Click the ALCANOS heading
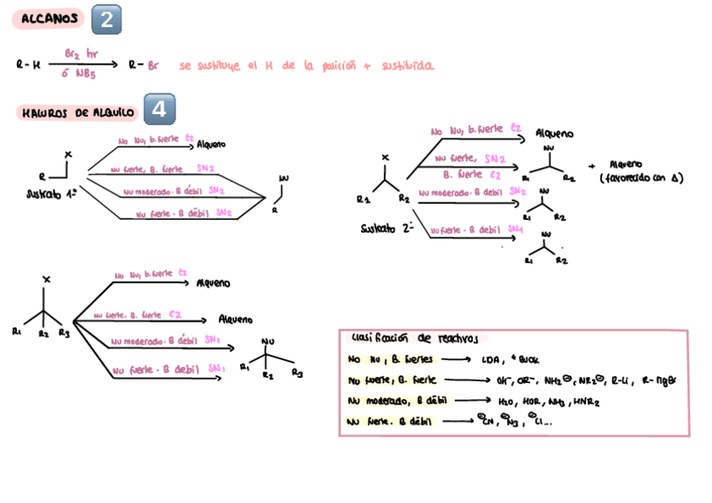50,18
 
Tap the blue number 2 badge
106,19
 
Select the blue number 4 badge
160,109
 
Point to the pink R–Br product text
144,65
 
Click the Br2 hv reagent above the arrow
81,52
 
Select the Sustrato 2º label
387,228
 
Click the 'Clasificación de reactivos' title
411,338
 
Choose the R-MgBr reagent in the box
659,380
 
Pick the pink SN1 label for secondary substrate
515,228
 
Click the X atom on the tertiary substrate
47,279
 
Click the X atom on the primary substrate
68,154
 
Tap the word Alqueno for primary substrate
212,144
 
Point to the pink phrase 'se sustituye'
209,65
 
